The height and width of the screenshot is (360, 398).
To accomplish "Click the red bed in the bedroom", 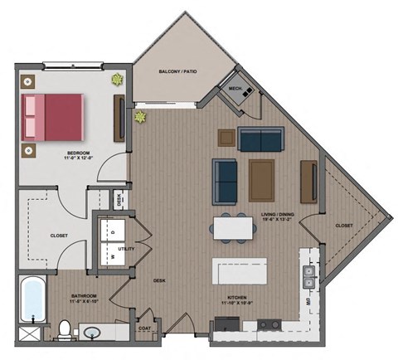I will click(54, 116).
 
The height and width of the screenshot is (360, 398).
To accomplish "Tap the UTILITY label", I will click(128, 247).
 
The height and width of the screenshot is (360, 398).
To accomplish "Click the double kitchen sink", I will click(308, 276).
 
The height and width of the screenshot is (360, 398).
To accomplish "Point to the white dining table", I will click(232, 226).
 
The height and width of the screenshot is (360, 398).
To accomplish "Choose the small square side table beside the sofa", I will click(225, 137).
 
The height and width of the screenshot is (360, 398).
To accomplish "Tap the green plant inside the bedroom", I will click(117, 80).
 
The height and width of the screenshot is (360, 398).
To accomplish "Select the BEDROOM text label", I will click(80, 153).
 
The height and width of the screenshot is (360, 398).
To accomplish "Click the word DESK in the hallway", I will click(159, 280).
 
